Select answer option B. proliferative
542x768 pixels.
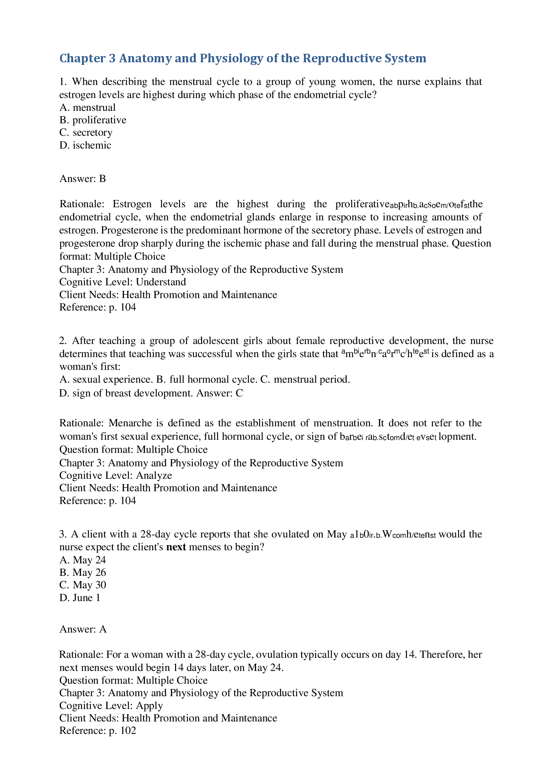[x=92, y=120]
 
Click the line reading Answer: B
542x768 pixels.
[x=83, y=179]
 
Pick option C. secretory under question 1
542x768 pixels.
[x=86, y=132]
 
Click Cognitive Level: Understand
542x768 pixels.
[x=122, y=282]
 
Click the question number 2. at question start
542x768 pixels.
[x=63, y=340]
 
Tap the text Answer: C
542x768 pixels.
[x=219, y=393]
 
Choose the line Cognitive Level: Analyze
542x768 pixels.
[x=115, y=475]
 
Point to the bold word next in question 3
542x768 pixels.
[x=176, y=547]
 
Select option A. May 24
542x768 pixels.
[x=83, y=560]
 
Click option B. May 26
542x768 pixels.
[x=83, y=572]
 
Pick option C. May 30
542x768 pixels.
[x=83, y=585]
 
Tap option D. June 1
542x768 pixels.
[x=80, y=597]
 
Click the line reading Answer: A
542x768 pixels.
[x=83, y=629]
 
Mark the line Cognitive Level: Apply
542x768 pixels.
[x=111, y=705]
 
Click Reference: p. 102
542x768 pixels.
[x=98, y=731]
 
